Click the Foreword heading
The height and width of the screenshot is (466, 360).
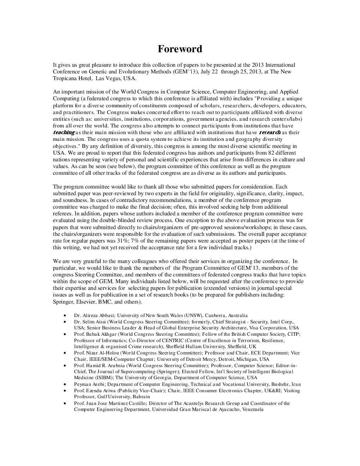tap(180, 49)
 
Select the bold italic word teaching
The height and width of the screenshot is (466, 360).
tap(64, 132)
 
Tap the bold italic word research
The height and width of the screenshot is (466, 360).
tap(270, 132)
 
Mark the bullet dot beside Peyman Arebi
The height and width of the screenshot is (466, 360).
tap(64, 384)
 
